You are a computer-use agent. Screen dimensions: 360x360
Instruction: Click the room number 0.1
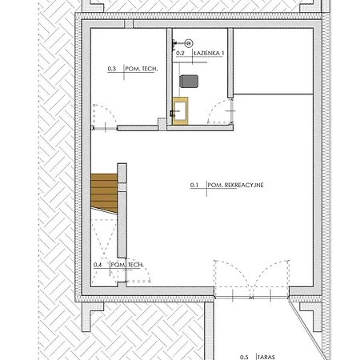194,185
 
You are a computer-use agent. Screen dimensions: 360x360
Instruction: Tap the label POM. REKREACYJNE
235,185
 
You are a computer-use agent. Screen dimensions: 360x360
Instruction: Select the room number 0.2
180,54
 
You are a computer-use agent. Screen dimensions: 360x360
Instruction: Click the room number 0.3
112,69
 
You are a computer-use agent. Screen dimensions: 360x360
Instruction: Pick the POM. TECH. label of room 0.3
142,69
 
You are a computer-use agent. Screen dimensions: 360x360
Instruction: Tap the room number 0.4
98,265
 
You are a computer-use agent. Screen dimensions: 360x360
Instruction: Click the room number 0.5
244,357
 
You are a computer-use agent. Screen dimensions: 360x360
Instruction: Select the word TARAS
266,357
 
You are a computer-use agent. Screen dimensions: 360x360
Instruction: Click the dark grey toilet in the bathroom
189,82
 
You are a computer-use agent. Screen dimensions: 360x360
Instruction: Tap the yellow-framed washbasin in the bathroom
180,111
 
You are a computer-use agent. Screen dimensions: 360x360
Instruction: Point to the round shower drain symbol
189,43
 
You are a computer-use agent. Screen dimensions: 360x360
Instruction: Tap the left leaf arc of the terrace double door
238,270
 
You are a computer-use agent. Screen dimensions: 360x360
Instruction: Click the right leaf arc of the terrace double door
266,270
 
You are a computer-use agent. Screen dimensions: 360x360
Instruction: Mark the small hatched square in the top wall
129,24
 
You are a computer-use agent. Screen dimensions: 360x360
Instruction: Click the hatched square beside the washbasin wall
162,124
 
